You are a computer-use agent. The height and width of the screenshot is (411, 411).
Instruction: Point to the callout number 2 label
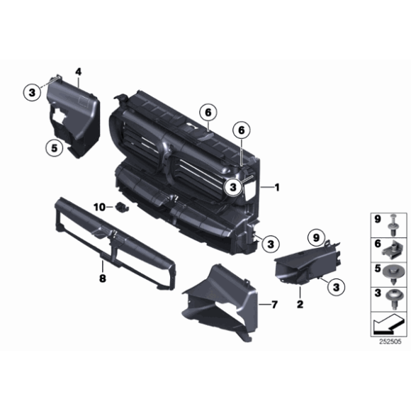[299, 305]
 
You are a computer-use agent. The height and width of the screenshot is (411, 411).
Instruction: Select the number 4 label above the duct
[78, 72]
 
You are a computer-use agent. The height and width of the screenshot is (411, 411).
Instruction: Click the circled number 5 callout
[52, 148]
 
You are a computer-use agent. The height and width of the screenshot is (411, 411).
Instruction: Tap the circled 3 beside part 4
[31, 92]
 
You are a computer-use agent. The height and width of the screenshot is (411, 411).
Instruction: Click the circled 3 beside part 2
[337, 286]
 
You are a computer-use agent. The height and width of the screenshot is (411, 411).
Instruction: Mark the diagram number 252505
[389, 342]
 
